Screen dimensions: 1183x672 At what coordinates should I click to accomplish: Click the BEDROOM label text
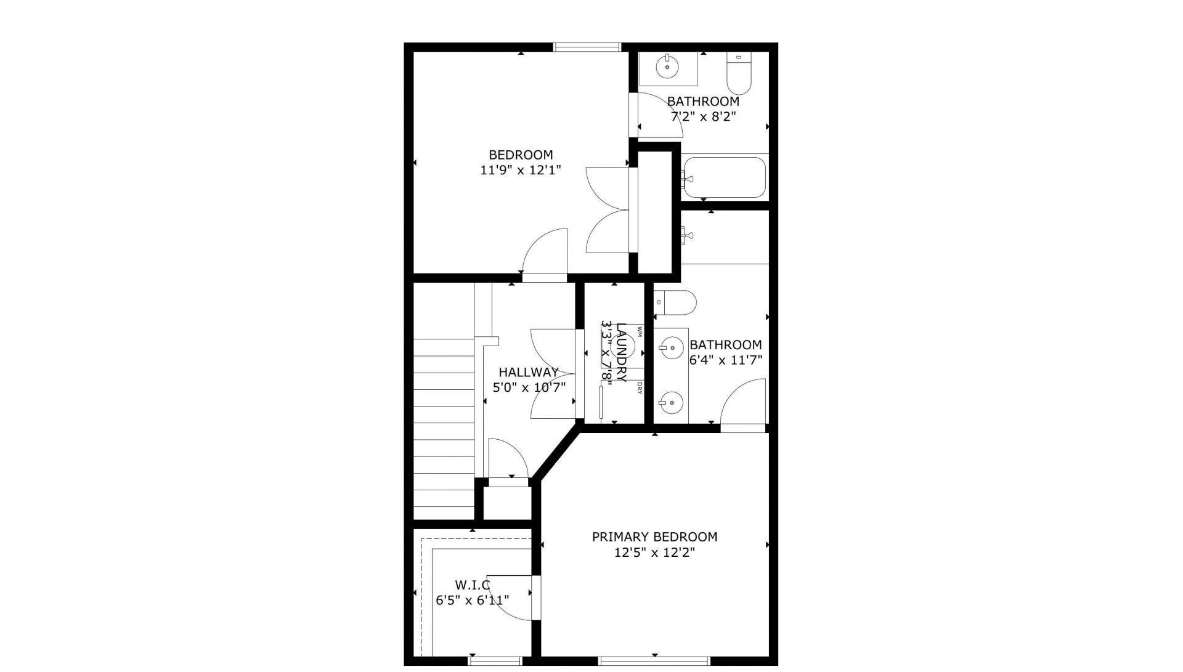click(x=521, y=155)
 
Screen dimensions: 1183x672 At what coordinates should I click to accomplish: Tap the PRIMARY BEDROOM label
click(x=654, y=537)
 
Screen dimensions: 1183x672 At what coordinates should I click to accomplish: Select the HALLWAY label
click(x=529, y=372)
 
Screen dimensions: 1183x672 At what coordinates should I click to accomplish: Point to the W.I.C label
click(x=473, y=584)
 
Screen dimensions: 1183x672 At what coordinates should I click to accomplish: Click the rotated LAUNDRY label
click(x=622, y=352)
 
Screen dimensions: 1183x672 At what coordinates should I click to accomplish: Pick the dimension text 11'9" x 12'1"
click(x=521, y=171)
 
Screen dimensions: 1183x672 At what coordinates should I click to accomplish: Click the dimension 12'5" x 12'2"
click(x=654, y=553)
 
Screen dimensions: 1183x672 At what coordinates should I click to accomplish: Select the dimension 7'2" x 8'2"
click(x=703, y=116)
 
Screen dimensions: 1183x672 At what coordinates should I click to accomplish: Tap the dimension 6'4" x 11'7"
click(x=726, y=360)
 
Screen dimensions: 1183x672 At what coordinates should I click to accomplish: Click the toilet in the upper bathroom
click(x=739, y=72)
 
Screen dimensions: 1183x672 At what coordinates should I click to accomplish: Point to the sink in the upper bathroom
click(x=668, y=68)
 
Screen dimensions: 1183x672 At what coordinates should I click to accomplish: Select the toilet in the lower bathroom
click(x=675, y=302)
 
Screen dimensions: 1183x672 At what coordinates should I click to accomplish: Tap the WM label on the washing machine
click(x=640, y=332)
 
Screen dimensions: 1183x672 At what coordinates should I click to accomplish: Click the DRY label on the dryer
click(x=640, y=388)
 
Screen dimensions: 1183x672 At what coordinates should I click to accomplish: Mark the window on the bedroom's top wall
click(x=587, y=47)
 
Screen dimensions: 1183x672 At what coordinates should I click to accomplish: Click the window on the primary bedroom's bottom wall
click(x=654, y=661)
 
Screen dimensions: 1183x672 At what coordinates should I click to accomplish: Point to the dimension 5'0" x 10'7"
click(x=529, y=387)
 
